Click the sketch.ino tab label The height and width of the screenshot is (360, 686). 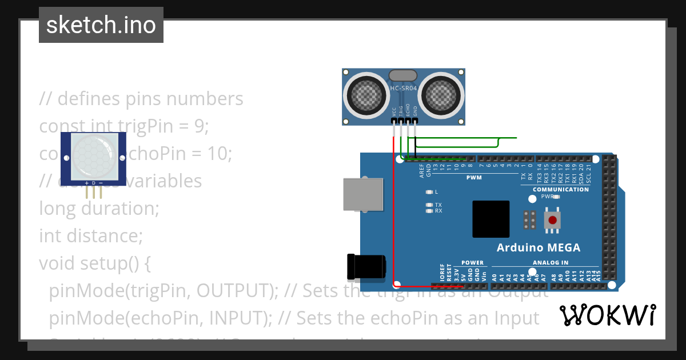[101, 25]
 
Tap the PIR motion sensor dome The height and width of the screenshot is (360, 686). [94, 155]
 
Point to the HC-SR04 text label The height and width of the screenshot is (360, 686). [404, 89]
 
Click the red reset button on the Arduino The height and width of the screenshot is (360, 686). [552, 220]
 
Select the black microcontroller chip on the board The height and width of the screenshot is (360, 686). [490, 219]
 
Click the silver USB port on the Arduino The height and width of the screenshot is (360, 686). [362, 194]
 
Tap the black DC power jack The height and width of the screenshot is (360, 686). [366, 267]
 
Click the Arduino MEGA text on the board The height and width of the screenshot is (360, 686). [538, 247]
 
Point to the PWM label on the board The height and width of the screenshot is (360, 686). [474, 178]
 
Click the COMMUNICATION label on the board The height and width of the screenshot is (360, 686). [560, 189]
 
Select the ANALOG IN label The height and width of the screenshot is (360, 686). [551, 263]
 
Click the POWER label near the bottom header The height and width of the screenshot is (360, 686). [472, 263]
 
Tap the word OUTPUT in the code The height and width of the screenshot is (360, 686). [237, 291]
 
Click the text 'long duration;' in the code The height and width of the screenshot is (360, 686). [99, 208]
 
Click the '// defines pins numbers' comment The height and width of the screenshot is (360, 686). [141, 99]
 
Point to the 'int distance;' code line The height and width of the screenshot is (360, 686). [90, 235]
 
